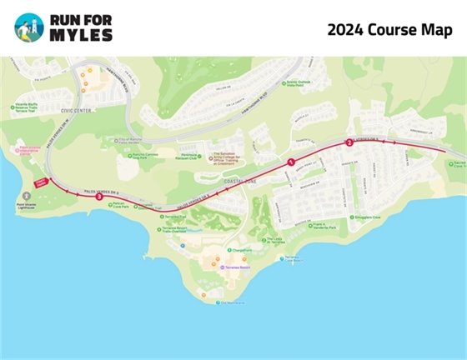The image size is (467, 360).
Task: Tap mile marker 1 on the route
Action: coord(291,161)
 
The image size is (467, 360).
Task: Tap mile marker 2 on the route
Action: coord(349,142)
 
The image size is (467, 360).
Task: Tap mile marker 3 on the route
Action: coord(99,197)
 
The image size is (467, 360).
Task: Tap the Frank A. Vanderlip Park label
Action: coord(320,225)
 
